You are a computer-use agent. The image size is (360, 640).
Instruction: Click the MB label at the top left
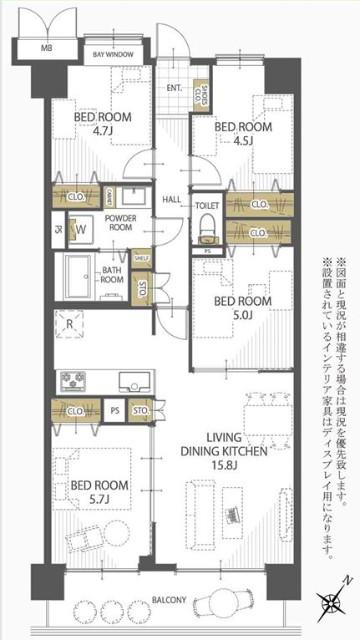pyautogui.click(x=45, y=48)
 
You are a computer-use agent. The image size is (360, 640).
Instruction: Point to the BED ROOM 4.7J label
pyautogui.click(x=97, y=121)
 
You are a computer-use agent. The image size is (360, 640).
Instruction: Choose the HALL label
pyautogui.click(x=172, y=198)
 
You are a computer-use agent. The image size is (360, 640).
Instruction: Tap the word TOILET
pyautogui.click(x=207, y=205)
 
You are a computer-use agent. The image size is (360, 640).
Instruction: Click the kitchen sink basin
pyautogui.click(x=133, y=380)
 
